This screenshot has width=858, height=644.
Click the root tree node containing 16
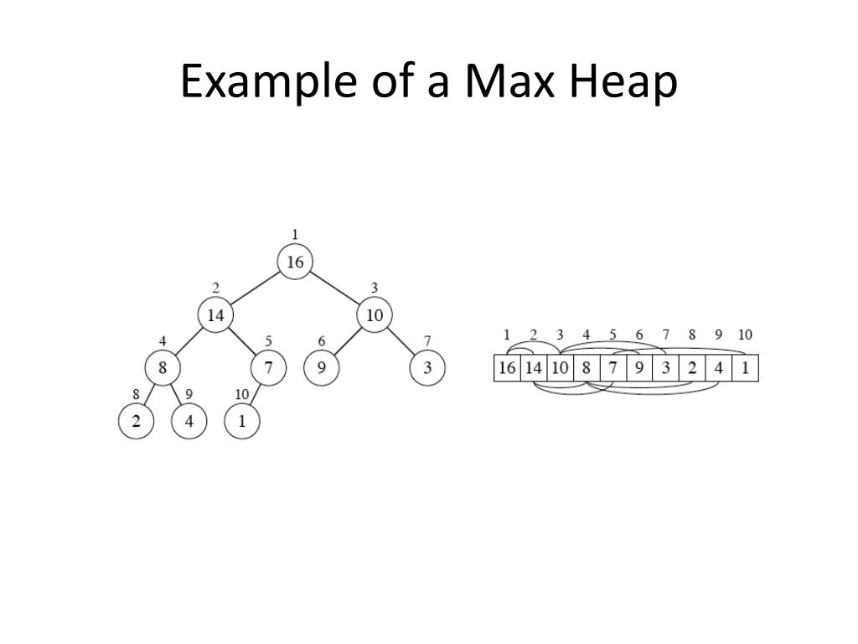pyautogui.click(x=295, y=262)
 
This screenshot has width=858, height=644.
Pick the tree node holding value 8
pyautogui.click(x=163, y=368)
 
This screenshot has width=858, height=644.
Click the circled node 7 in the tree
pyautogui.click(x=268, y=368)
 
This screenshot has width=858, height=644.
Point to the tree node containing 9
pyautogui.click(x=321, y=368)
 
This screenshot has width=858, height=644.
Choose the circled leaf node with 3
pyautogui.click(x=427, y=368)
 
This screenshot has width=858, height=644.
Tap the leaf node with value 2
pyautogui.click(x=136, y=421)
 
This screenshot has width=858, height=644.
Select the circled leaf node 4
pyautogui.click(x=189, y=421)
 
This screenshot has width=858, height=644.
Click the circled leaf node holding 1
pyautogui.click(x=242, y=421)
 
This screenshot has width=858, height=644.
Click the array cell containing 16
pyautogui.click(x=507, y=369)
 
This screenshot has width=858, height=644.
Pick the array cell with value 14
pyautogui.click(x=534, y=369)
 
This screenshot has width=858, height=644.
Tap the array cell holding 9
pyautogui.click(x=639, y=369)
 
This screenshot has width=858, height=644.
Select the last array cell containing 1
pyautogui.click(x=745, y=369)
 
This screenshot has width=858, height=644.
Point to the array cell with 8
pyautogui.click(x=587, y=369)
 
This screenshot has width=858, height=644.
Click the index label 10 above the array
pyautogui.click(x=745, y=335)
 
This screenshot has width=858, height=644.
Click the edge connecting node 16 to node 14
pyautogui.click(x=255, y=289)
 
